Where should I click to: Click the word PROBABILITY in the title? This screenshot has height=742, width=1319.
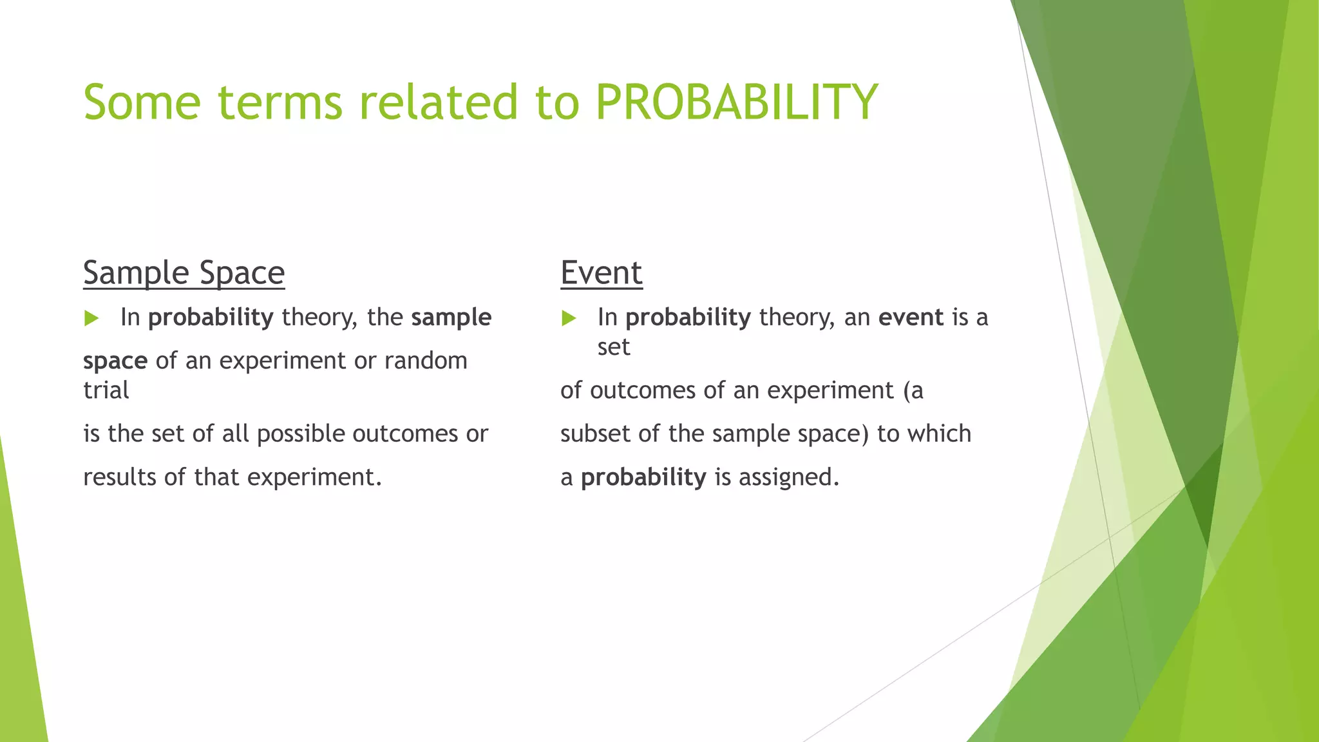pos(736,102)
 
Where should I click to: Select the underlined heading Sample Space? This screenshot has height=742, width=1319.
pos(184,273)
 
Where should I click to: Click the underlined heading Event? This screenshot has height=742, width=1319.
pos(601,273)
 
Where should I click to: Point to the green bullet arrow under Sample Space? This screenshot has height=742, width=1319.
pos(91,318)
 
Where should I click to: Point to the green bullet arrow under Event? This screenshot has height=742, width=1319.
pos(569,318)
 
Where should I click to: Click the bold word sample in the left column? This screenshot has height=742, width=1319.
pos(451,318)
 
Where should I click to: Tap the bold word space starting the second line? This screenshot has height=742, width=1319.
pos(115,361)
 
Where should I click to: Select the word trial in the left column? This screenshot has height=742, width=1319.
pos(106,390)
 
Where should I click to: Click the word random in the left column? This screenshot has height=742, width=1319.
pos(426,361)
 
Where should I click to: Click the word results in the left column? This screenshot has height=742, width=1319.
pos(120,477)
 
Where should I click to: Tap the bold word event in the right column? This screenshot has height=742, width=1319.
pos(911,318)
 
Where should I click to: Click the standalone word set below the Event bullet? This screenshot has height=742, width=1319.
pos(613,347)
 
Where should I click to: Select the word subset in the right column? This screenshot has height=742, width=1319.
pos(596,434)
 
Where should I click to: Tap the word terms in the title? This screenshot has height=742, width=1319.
pos(280,102)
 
